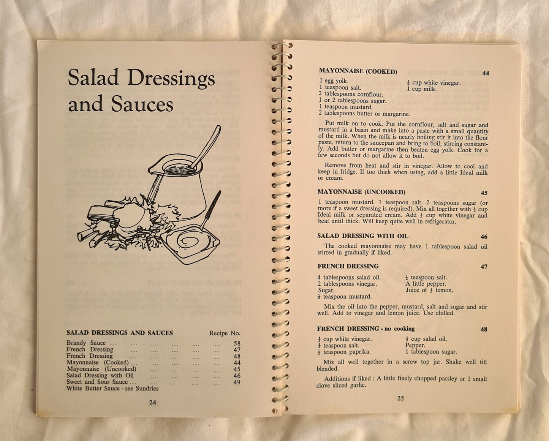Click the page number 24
[x=152, y=402]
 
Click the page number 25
[x=400, y=398]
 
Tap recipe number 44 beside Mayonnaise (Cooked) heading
[x=486, y=73]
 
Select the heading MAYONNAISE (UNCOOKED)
[x=361, y=192]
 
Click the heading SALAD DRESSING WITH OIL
[x=363, y=236]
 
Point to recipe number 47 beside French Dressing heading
[x=484, y=267]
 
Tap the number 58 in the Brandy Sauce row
[x=237, y=343]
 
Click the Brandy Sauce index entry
[x=86, y=343]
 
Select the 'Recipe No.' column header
[x=225, y=333]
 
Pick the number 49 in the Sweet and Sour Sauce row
[x=237, y=382]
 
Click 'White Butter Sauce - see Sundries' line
[x=112, y=388]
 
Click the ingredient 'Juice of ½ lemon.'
[x=429, y=290]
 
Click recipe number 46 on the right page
[x=484, y=237]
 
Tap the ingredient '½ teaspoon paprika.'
[x=344, y=352]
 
